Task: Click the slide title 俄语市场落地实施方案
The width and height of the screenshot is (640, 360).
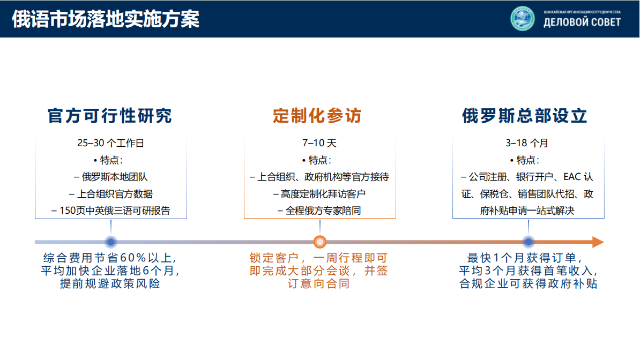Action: point(105,19)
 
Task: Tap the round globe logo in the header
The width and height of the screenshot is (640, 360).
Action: point(523,18)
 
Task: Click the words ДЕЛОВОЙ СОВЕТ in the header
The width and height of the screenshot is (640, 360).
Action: point(582,22)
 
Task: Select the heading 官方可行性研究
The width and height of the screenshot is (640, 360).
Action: point(110,116)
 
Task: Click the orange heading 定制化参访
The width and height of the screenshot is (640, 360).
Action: point(317,116)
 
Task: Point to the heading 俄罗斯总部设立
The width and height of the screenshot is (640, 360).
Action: point(525,116)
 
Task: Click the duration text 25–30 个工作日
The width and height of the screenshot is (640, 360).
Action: point(110,143)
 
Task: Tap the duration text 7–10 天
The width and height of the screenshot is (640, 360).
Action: point(319,143)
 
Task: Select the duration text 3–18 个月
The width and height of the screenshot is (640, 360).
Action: point(528,143)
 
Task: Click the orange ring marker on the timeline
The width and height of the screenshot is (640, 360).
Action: point(320,242)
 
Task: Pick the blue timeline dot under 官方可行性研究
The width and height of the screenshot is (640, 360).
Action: point(111,242)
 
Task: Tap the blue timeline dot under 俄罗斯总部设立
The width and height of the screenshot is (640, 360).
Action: point(528,242)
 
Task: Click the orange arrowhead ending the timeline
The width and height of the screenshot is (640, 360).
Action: point(597,242)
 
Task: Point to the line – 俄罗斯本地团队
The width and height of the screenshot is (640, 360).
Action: point(110,177)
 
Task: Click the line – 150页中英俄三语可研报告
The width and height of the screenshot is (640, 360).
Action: point(110,211)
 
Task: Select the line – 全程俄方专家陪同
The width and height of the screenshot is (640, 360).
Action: point(319,211)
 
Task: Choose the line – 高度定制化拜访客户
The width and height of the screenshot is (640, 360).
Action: point(319,194)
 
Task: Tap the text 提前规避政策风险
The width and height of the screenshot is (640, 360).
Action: point(110,284)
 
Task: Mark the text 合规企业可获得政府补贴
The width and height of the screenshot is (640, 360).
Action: point(528,284)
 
